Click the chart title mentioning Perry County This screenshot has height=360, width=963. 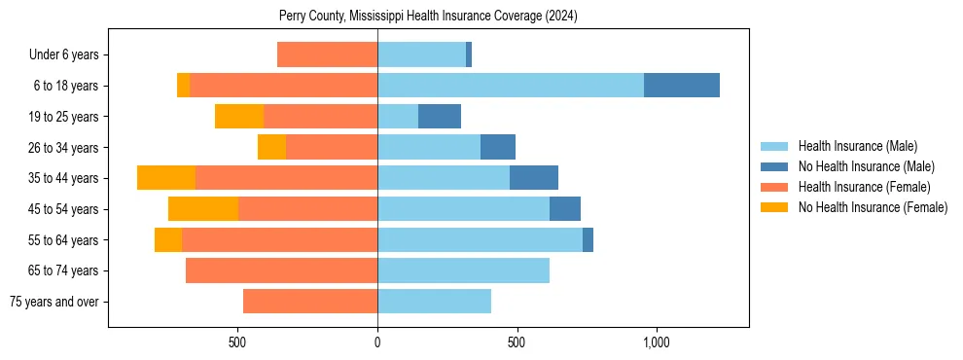pyautogui.click(x=428, y=17)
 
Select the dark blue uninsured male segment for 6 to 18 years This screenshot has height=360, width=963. pyautogui.click(x=681, y=86)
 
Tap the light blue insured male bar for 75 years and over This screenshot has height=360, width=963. pyautogui.click(x=434, y=302)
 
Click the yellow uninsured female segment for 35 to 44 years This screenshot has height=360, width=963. pyautogui.click(x=166, y=178)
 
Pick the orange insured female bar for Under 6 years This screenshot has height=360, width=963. pyautogui.click(x=327, y=54)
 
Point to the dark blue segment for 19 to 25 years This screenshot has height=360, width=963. pyautogui.click(x=440, y=117)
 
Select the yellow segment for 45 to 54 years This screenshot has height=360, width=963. pyautogui.click(x=203, y=209)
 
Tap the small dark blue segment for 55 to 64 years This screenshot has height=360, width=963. pyautogui.click(x=588, y=239)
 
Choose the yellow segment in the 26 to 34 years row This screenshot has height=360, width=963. pyautogui.click(x=271, y=147)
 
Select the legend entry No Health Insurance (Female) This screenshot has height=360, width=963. pyautogui.click(x=873, y=207)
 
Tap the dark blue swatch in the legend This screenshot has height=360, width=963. pyautogui.click(x=775, y=166)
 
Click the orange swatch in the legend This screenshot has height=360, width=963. pyautogui.click(x=775, y=187)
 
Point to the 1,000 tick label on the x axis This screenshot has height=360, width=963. pyautogui.click(x=656, y=342)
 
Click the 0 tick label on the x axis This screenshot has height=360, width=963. pyautogui.click(x=377, y=342)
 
